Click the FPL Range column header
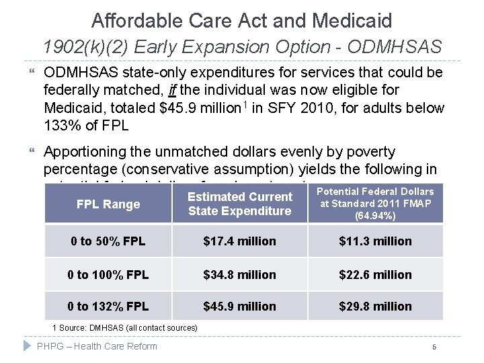108,204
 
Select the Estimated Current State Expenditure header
240,204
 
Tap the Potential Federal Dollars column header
375,204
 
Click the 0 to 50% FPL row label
108,241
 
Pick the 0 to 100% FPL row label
108,274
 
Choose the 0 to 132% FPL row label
108,307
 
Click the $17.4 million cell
240,241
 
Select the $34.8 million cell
240,274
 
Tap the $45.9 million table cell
240,307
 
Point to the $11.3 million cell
375,241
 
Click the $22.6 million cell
375,274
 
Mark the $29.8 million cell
375,307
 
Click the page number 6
435,347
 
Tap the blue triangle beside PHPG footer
27,346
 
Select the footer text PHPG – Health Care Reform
97,346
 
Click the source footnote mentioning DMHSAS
125,327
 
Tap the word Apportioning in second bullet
87,152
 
